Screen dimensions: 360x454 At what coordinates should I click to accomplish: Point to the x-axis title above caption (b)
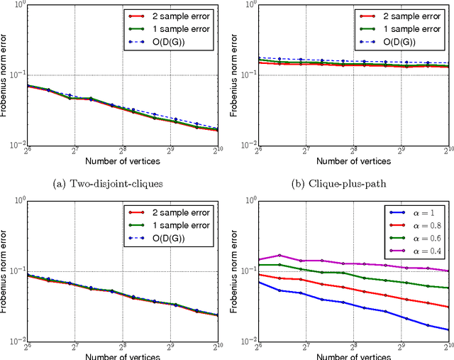click(353, 161)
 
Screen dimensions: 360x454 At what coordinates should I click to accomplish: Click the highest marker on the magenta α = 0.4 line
click(282, 255)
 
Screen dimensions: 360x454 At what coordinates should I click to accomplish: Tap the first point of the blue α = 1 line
click(258, 282)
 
